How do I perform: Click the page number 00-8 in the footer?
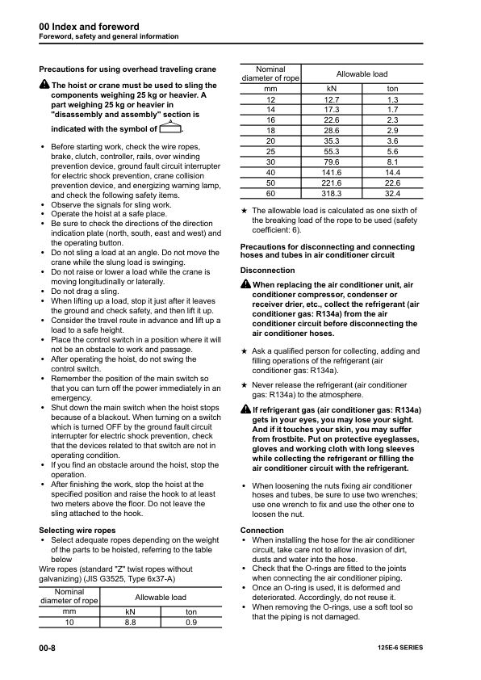[x=47, y=649]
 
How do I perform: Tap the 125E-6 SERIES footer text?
[x=399, y=649]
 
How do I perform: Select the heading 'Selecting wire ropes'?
[x=78, y=530]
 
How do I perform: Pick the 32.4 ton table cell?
[x=393, y=194]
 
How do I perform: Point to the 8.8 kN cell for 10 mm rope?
[x=129, y=623]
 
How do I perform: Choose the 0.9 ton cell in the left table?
[x=191, y=623]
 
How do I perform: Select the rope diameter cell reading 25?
[x=270, y=151]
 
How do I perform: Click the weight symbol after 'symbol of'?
[x=170, y=128]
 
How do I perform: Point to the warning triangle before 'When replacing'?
[x=246, y=286]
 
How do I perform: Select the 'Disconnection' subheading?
[x=268, y=271]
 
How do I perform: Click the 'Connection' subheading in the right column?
[x=262, y=531]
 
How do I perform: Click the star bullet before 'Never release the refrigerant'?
[x=245, y=386]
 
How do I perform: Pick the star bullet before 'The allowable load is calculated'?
[x=245, y=210]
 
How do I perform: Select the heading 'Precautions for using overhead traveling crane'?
[x=128, y=69]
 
